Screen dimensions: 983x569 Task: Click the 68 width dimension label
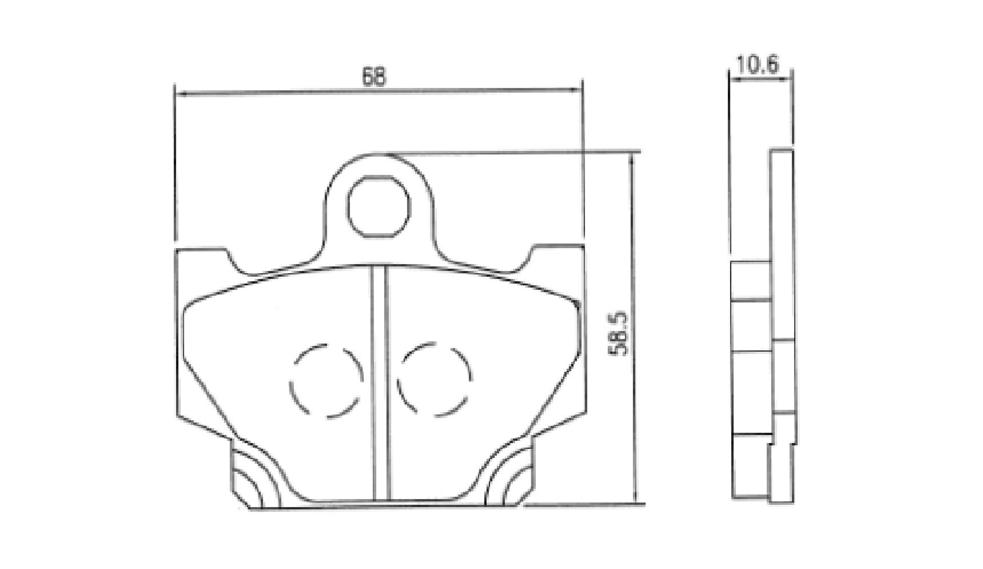click(374, 77)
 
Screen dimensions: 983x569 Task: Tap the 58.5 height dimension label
click(618, 333)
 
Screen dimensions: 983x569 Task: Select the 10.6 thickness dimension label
click(757, 65)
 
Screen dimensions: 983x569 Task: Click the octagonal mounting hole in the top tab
click(378, 206)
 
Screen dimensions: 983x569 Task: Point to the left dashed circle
click(326, 380)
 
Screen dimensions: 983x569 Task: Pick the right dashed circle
click(434, 379)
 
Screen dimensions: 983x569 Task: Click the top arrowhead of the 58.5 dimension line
click(632, 159)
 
